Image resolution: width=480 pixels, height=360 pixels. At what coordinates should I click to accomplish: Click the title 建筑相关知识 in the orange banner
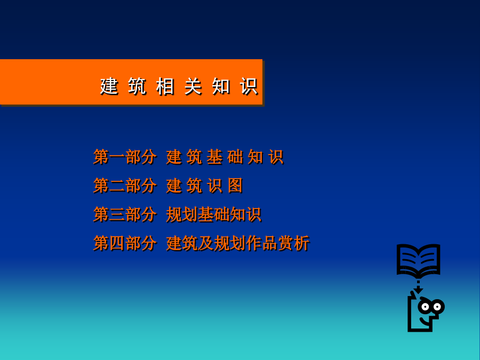pos(179,86)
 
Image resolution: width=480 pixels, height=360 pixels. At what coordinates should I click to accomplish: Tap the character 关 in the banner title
pos(193,86)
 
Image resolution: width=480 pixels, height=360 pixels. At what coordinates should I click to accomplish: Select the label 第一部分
pos(125,157)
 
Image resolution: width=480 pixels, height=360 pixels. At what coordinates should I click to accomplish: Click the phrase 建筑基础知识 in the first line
pos(225,157)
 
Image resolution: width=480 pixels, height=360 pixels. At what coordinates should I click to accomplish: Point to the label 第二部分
pos(125,186)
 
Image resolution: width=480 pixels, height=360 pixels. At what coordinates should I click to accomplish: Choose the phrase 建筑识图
pos(204,186)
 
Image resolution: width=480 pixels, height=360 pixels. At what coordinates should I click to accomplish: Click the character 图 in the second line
pos(235,186)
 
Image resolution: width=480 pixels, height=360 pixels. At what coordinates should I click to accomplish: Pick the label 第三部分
pos(125,214)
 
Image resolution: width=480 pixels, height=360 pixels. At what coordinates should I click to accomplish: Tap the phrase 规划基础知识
pos(214,214)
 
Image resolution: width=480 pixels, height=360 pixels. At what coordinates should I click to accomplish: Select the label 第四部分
pos(125,243)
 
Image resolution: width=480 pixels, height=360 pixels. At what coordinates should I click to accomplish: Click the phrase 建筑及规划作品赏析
pos(238,243)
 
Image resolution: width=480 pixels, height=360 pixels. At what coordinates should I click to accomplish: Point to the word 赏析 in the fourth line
pos(294,243)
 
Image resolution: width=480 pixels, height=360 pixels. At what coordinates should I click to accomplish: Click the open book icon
pos(419,260)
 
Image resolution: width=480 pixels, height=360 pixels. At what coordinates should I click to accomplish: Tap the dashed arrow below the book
pos(418,287)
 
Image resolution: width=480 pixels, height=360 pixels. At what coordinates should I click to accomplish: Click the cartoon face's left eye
pos(425,307)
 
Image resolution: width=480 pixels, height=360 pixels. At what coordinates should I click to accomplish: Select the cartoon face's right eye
pos(437,307)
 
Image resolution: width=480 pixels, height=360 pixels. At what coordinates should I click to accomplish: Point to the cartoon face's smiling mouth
pos(425,321)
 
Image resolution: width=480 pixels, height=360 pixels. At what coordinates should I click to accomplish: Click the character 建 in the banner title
pos(109,86)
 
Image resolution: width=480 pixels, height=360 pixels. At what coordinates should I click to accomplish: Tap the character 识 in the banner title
pos(249,86)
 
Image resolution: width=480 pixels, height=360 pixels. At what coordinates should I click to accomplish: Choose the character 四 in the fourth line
pos(117,243)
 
